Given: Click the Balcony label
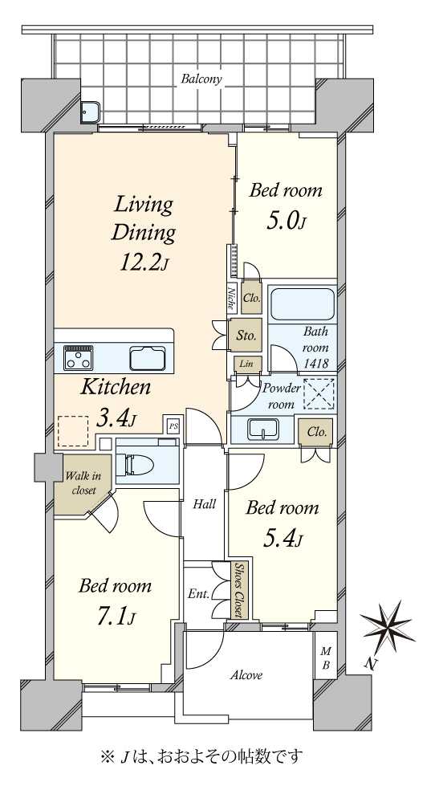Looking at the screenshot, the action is click(x=201, y=79).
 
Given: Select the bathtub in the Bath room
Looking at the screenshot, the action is click(x=303, y=303).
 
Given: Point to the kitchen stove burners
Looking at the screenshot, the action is click(x=78, y=356).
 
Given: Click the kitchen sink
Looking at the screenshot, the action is click(x=148, y=358).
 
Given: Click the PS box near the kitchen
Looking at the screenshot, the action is click(x=173, y=426).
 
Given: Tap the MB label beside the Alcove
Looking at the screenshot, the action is click(x=326, y=659).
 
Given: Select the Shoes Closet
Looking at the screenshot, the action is click(x=238, y=589).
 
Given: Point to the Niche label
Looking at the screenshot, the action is click(x=232, y=296).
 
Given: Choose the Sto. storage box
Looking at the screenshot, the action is click(x=246, y=335).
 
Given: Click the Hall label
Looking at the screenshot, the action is click(x=205, y=503).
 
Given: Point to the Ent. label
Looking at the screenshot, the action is click(x=199, y=594).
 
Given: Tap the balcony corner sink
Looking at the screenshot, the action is click(x=91, y=112).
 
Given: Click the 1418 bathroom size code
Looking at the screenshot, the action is click(x=317, y=363).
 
